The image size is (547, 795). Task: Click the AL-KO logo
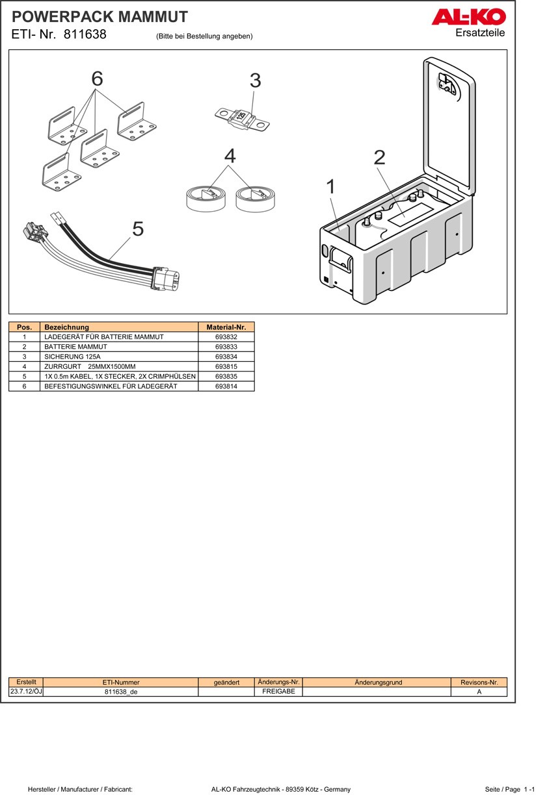tap(468, 17)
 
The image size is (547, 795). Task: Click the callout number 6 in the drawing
tap(97, 79)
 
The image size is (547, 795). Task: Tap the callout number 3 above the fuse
tap(255, 81)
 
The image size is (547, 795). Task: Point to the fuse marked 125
tap(242, 119)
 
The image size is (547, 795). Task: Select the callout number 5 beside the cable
tap(138, 229)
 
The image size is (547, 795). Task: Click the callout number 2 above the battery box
tap(379, 157)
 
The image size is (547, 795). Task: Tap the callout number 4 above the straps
tap(230, 156)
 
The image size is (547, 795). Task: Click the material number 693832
tap(226, 337)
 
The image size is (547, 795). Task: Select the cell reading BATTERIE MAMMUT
tap(119, 347)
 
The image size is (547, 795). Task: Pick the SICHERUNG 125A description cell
tap(119, 357)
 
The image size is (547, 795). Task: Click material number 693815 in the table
tap(226, 366)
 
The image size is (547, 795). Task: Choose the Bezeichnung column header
tap(119, 327)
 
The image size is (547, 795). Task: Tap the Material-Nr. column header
tap(226, 327)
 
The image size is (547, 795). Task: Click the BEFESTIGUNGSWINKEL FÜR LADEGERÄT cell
tap(119, 386)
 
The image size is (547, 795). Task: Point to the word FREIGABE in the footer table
tap(278, 691)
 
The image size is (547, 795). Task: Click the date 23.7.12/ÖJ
tap(26, 691)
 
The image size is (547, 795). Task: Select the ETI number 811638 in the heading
tap(85, 34)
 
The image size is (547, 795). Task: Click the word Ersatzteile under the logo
tap(480, 32)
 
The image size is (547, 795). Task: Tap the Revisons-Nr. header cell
tap(479, 682)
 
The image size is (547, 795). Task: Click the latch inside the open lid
tap(447, 84)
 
